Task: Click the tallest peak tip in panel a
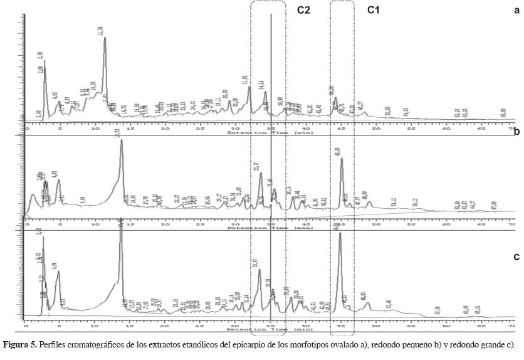point(105,38)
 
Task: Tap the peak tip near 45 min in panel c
point(340,233)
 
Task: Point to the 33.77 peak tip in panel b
point(260,173)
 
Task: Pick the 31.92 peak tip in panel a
point(249,87)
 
